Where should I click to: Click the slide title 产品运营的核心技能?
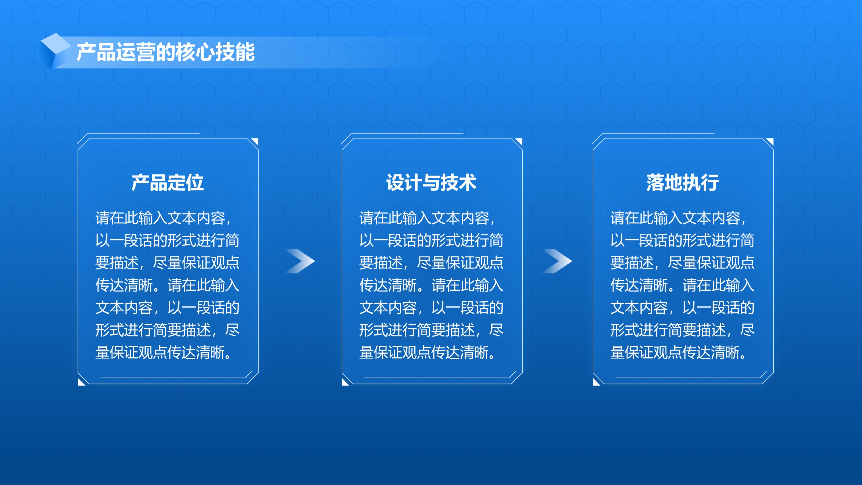click(166, 52)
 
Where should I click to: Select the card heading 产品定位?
click(168, 183)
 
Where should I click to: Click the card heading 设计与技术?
click(431, 183)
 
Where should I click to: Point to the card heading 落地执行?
click(683, 183)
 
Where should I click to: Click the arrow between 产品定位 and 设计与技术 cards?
click(300, 261)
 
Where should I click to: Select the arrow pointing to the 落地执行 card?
click(557, 261)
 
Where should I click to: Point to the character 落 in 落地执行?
click(655, 183)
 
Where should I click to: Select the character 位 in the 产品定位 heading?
click(195, 183)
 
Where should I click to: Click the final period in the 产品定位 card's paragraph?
click(228, 356)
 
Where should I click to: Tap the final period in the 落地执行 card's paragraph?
click(743, 356)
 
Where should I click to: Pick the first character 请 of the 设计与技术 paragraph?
click(366, 218)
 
